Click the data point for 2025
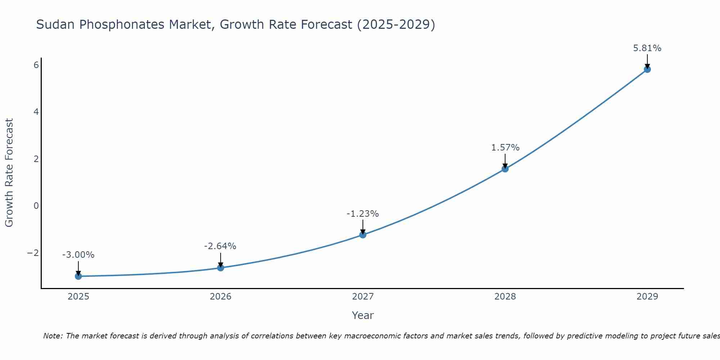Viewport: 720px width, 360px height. pos(78,276)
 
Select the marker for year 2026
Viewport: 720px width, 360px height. pos(221,268)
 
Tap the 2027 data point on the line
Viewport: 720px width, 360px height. pos(363,235)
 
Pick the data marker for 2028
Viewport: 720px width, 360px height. pos(505,169)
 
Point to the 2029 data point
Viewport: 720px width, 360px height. pos(647,69)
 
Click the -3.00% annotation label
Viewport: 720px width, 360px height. pos(78,255)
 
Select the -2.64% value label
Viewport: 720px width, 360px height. pos(220,246)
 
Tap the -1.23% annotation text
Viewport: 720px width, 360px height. pos(363,214)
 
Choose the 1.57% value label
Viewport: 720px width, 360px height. pos(505,148)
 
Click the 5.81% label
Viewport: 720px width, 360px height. pos(647,48)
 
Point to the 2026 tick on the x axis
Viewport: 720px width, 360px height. pos(221,297)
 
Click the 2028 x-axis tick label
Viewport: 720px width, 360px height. pos(505,297)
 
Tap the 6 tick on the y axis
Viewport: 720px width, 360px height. pos(36,65)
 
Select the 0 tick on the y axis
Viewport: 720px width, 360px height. pos(36,206)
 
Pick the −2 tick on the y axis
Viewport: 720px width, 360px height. pos(33,253)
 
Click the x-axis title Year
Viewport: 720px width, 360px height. pos(363,315)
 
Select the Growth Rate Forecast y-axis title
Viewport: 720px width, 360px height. pos(9,173)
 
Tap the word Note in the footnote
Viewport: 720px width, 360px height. pos(53,336)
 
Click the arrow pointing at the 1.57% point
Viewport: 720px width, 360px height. pos(505,161)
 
